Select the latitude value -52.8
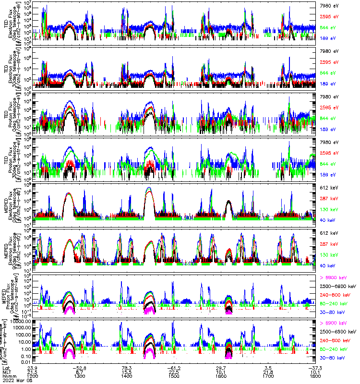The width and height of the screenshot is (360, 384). click(x=81, y=368)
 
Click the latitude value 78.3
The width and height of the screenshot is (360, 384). click(x=127, y=368)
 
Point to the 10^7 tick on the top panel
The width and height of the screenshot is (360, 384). click(x=28, y=3)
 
